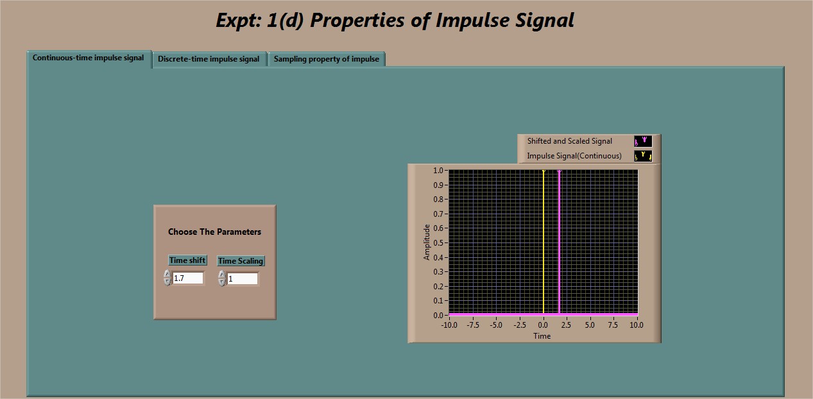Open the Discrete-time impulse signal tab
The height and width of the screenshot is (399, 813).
click(x=209, y=59)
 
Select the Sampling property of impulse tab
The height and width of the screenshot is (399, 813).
click(x=326, y=59)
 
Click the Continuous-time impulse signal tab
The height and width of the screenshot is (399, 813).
click(x=89, y=58)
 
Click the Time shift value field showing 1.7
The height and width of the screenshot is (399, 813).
click(x=187, y=278)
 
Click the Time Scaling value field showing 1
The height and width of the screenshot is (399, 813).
click(x=243, y=279)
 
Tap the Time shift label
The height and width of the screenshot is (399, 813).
click(x=187, y=260)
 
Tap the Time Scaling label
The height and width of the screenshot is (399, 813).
click(x=241, y=261)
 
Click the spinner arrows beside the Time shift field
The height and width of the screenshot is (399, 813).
click(x=167, y=278)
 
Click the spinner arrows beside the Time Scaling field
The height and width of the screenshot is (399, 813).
click(x=222, y=278)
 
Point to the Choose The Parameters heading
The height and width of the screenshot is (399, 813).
click(x=214, y=232)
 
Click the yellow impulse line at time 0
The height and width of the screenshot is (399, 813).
click(x=543, y=242)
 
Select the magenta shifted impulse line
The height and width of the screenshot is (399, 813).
click(x=559, y=242)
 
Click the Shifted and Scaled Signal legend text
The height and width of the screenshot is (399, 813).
click(x=569, y=141)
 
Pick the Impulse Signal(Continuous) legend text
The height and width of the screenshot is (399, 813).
click(x=574, y=156)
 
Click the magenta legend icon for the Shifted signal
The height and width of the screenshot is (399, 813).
click(x=643, y=141)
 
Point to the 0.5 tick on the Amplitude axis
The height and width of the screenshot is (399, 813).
click(x=438, y=242)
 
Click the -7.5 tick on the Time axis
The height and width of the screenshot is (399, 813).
click(x=472, y=325)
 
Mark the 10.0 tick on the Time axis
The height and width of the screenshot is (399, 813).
click(x=637, y=325)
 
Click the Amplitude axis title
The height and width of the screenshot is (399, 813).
click(x=427, y=242)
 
